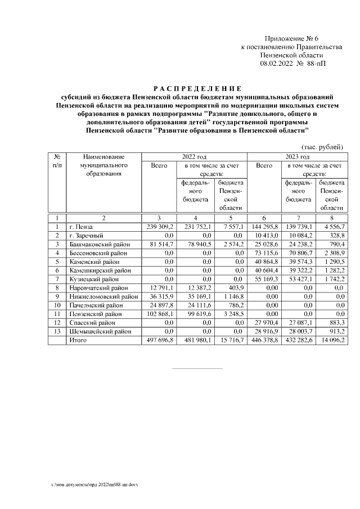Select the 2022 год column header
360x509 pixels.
coord(194,157)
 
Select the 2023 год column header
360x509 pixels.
coord(298,157)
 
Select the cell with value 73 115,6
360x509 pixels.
coord(266,254)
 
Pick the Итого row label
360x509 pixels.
coord(78,341)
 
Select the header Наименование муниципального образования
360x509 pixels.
coord(103,165)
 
